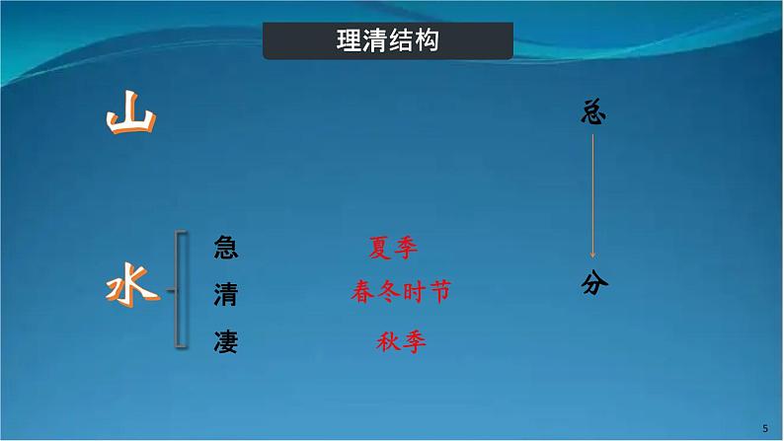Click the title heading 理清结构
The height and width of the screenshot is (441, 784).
[388, 41]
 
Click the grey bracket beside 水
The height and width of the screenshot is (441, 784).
[181, 289]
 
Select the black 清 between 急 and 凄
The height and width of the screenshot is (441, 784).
[225, 294]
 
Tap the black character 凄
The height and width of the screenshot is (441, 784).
[225, 342]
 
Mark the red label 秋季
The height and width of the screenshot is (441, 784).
[401, 342]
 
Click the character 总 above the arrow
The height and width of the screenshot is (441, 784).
[592, 113]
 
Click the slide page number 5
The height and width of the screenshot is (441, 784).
[765, 426]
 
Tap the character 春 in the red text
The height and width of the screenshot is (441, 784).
[362, 293]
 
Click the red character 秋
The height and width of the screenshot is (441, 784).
[388, 342]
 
